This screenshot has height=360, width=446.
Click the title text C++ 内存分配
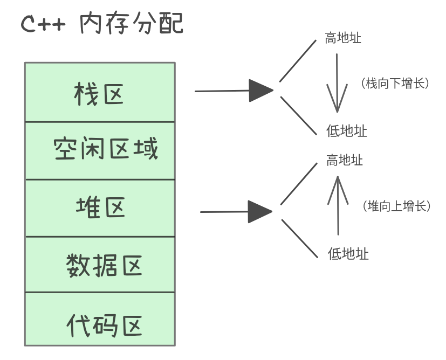click(x=102, y=24)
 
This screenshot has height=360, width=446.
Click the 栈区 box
click(x=100, y=92)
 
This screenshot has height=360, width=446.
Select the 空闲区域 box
click(x=100, y=150)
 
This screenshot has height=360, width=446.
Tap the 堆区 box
click(x=100, y=208)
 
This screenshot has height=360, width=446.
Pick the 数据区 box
click(x=100, y=265)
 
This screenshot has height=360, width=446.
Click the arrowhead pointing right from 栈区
click(x=261, y=90)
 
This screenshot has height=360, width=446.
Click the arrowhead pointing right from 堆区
click(x=260, y=211)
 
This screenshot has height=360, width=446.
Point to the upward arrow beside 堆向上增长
click(x=338, y=205)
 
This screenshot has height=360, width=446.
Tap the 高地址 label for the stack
click(x=343, y=38)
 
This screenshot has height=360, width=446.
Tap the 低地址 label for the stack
click(x=347, y=131)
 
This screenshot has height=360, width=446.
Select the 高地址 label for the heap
click(x=345, y=161)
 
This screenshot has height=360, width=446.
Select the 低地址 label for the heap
click(x=348, y=253)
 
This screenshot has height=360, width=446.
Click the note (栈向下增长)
click(x=394, y=84)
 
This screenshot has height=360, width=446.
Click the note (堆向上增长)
click(x=396, y=206)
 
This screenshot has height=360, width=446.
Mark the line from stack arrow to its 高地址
click(x=298, y=61)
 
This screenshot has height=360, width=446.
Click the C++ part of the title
click(x=43, y=25)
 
